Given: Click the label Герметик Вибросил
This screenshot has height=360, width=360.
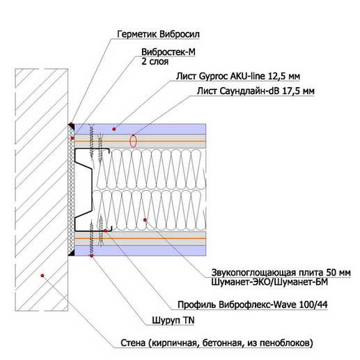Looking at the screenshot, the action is click(x=158, y=34).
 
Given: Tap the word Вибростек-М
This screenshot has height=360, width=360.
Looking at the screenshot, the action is click(x=169, y=52).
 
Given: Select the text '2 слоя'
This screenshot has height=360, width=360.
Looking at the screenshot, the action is click(x=155, y=61).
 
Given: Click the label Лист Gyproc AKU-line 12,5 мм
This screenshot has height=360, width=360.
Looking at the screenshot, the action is click(x=238, y=76).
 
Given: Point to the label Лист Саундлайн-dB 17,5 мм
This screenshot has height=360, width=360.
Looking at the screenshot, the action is click(x=256, y=91).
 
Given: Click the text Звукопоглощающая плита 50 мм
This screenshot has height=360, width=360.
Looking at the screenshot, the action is click(x=281, y=272).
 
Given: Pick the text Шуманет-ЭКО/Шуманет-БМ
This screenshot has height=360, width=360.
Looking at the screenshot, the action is click(x=269, y=282).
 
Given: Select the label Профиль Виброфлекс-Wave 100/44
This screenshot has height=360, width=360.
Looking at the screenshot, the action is click(x=253, y=304).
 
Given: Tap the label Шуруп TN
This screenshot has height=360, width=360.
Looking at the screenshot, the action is click(x=173, y=320).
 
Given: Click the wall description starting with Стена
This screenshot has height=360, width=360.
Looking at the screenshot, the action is click(x=217, y=343).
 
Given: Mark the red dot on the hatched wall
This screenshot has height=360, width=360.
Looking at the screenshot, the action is click(x=42, y=276).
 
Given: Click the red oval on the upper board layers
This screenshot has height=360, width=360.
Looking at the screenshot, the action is click(x=133, y=141).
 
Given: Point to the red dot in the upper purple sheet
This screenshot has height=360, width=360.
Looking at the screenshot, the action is click(x=114, y=129).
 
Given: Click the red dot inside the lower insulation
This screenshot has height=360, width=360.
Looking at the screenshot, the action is click(x=145, y=220).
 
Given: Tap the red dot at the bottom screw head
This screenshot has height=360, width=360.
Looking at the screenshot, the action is click(x=91, y=256).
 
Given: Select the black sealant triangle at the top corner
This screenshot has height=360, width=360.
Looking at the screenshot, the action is click(x=71, y=127).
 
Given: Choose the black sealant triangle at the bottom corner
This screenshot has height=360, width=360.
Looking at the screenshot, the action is click(x=71, y=253).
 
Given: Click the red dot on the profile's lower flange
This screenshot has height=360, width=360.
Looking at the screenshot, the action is click(x=105, y=230).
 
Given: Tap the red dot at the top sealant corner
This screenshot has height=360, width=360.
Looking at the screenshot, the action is click(x=71, y=123).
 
